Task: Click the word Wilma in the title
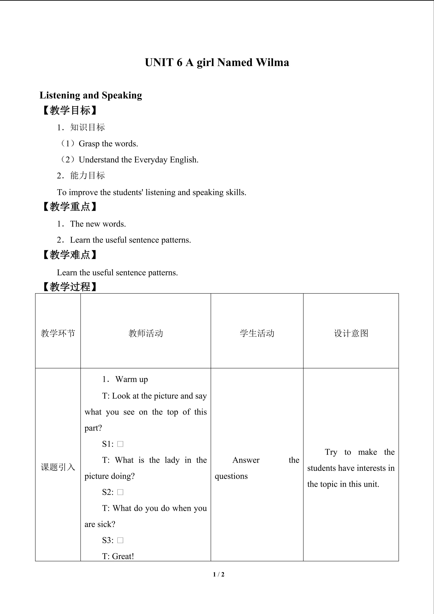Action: pos(272,63)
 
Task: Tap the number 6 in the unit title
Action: pos(179,63)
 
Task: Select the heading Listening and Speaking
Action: pos(91,95)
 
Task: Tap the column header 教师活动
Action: pos(146,333)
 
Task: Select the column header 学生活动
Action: pos(257,333)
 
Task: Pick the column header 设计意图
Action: pos(351,333)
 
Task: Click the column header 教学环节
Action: pos(58,333)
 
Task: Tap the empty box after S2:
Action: pos(120,492)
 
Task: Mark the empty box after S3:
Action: pos(120,540)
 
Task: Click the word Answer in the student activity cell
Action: pos(246,460)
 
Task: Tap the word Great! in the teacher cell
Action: pos(123,556)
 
